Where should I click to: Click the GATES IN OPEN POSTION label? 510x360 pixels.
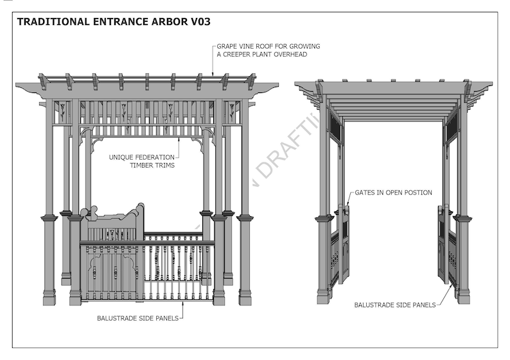[x=392, y=193]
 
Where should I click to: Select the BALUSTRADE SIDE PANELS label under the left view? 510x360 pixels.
[x=137, y=318]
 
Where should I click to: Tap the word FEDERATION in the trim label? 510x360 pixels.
[x=154, y=157]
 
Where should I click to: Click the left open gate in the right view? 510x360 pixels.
[x=344, y=244]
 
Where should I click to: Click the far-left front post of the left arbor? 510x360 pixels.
[x=49, y=257]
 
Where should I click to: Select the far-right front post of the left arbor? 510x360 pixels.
[x=245, y=257]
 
